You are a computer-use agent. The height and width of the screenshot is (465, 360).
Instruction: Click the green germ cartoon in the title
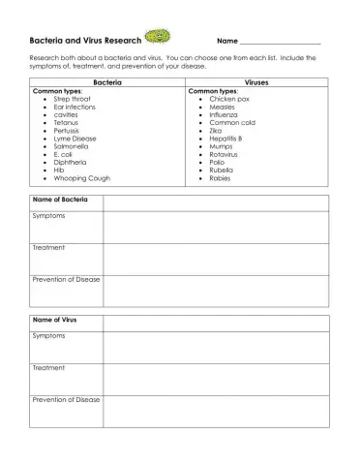156,38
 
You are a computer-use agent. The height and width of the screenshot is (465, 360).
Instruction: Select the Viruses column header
257,83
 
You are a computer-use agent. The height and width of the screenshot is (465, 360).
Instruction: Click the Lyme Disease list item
75,139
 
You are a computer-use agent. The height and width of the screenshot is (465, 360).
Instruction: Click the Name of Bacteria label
60,201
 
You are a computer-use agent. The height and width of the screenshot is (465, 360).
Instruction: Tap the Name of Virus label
54,319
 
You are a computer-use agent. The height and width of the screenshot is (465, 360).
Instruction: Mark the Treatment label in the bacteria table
48,248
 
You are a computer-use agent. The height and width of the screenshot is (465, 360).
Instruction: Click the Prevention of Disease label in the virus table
66,399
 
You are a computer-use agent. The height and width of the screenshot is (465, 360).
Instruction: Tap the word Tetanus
67,123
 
